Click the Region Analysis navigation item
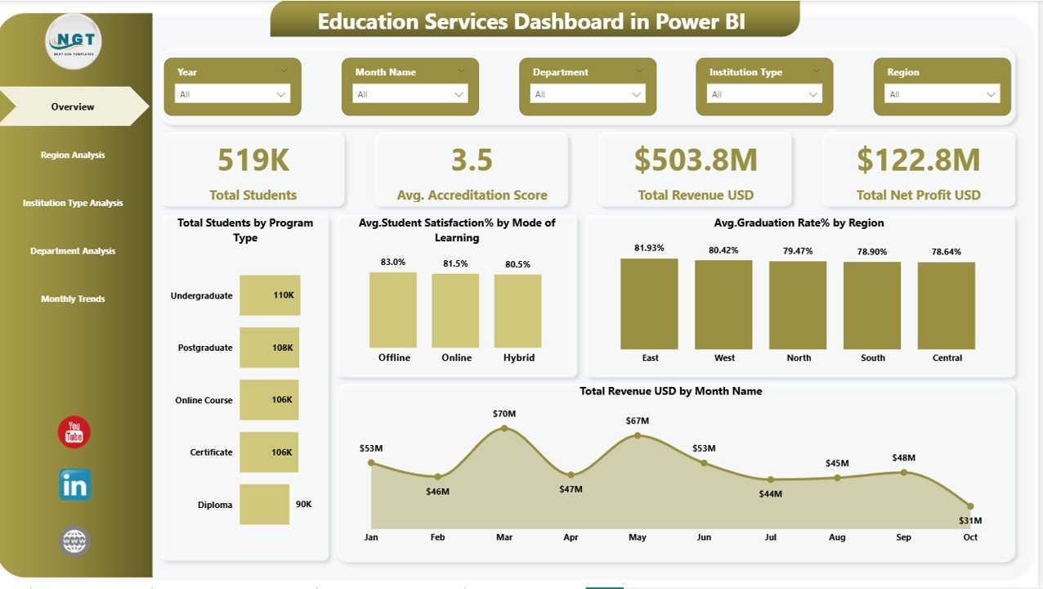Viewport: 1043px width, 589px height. (73, 155)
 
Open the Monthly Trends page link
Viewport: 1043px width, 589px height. (73, 299)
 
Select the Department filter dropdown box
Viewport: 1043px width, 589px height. (587, 94)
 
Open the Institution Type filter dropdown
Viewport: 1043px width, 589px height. (763, 94)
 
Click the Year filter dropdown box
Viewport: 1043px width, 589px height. (232, 94)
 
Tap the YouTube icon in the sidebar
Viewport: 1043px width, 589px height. (74, 432)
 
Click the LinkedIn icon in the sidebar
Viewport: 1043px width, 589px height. (74, 485)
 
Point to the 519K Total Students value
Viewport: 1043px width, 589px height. (253, 160)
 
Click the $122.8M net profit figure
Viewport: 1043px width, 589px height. (918, 160)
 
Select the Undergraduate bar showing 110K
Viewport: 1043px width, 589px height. (270, 295)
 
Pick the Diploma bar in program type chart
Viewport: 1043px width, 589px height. (264, 504)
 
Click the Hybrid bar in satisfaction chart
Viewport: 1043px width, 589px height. (517, 311)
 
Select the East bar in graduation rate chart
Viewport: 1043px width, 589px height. (649, 304)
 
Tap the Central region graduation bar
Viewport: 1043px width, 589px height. (947, 306)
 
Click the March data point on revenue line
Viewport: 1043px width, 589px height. (504, 428)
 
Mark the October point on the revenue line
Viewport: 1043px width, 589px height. (970, 506)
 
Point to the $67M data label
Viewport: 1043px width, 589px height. (638, 420)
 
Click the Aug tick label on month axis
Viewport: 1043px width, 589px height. (837, 537)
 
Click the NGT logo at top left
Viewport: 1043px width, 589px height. (74, 42)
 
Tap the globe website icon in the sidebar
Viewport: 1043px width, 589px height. (74, 541)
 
